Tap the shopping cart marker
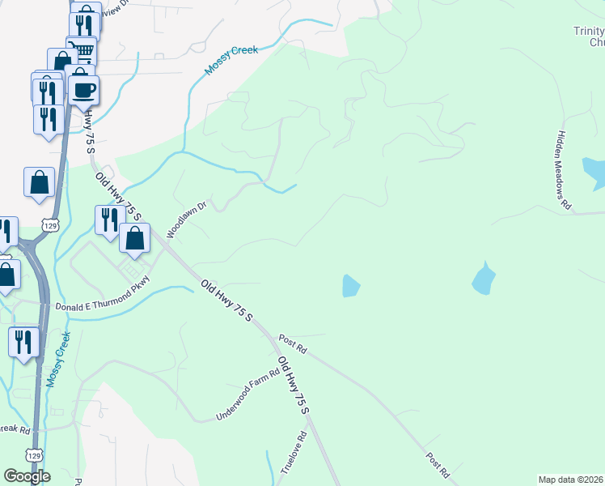81,51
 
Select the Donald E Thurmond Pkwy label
103,306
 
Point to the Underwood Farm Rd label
247,395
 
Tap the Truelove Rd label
294,453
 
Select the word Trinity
589,31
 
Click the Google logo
27,476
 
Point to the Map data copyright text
571,480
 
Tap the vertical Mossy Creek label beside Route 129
57,359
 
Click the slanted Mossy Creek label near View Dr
231,61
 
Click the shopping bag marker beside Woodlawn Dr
135,239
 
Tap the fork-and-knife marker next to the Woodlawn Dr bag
108,220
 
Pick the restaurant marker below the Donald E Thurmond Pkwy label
23,341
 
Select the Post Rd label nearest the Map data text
438,463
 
